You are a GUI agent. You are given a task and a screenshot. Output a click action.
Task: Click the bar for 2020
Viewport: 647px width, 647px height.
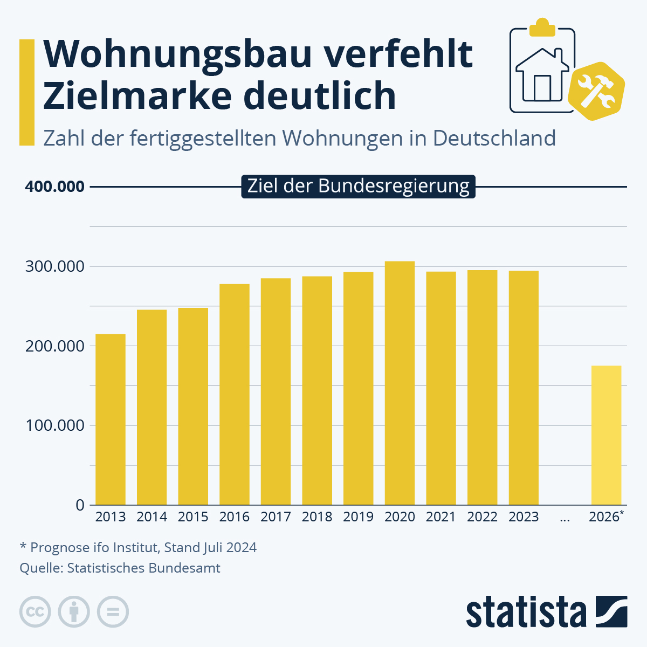coord(400,383)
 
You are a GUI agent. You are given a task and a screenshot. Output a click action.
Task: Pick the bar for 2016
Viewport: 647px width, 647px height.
coord(235,394)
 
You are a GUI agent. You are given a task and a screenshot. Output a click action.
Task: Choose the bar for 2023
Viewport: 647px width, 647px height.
coord(524,388)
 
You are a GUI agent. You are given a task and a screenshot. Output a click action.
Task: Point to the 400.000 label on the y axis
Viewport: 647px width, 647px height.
coord(54,187)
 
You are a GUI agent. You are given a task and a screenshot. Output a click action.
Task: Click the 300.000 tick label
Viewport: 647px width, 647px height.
coord(54,266)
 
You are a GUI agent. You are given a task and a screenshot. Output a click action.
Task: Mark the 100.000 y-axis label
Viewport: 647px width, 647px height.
coord(54,425)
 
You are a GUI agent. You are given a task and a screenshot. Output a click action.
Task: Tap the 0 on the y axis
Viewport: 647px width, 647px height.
coord(80,505)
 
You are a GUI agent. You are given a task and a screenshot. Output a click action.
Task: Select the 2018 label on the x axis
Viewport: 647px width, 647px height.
coord(317,517)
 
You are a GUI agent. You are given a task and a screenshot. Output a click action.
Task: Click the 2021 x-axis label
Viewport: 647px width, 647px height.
coord(441,517)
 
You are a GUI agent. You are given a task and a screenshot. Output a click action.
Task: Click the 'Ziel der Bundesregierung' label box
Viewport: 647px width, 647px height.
coord(358,186)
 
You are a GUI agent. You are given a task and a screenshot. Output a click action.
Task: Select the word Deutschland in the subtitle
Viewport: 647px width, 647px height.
coord(494,139)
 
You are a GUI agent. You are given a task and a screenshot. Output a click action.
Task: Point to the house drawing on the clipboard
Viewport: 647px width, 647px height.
coord(542,75)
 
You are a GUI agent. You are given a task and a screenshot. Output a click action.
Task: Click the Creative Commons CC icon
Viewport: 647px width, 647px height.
coord(35,612)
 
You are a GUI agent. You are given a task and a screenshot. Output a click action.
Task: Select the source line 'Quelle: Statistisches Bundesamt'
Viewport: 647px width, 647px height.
coord(120,568)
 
